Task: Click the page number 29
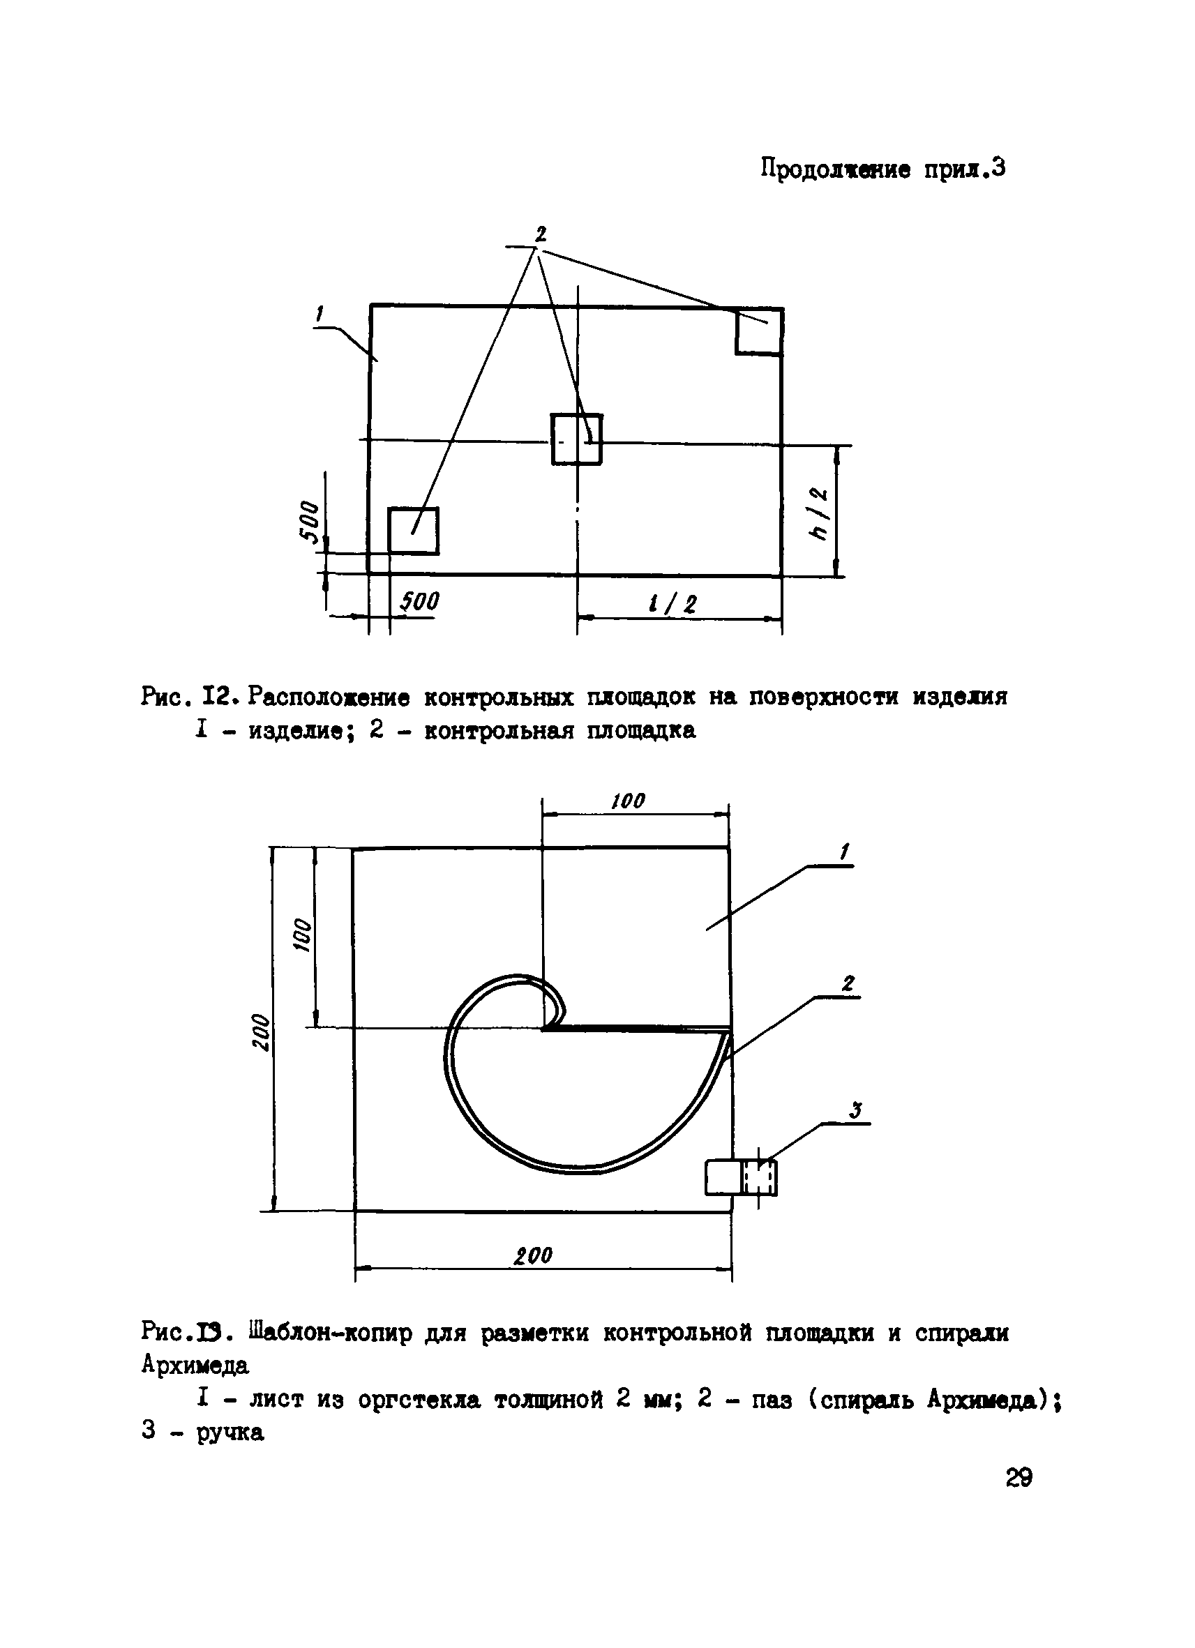pos(1019,1477)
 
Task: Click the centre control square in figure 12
pos(576,439)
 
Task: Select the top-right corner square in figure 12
pos(759,331)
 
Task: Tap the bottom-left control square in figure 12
pos(413,531)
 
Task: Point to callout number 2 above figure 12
pos(540,234)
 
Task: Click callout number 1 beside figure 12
pos(320,314)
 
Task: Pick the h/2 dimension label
pos(820,514)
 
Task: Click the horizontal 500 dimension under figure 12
pos(420,602)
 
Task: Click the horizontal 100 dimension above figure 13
pos(628,801)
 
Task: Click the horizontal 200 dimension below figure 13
pos(534,1255)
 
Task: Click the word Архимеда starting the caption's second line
pos(195,1366)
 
